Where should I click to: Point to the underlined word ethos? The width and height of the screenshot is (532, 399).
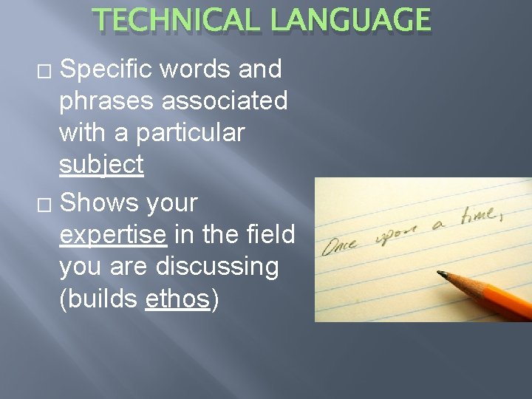(178, 300)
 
